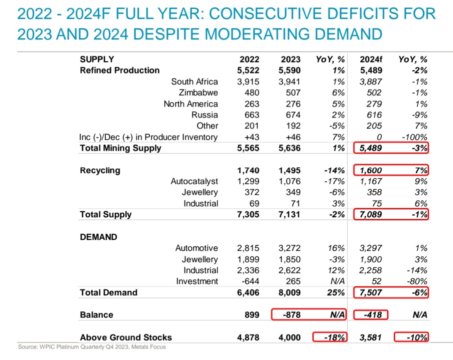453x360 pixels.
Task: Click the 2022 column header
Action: (x=249, y=60)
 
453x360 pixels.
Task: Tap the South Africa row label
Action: (x=194, y=81)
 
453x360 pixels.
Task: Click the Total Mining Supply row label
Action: (x=120, y=148)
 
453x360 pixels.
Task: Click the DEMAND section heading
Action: (x=99, y=237)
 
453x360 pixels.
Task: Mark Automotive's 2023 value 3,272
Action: (x=289, y=248)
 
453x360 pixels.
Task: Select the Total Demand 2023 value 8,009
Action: (x=289, y=292)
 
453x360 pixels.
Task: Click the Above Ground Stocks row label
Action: (x=126, y=337)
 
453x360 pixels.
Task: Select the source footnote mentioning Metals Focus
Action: (x=92, y=347)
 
